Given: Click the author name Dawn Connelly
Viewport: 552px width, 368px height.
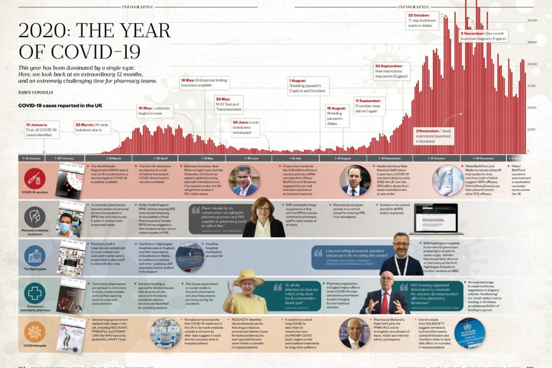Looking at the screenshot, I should click(36, 92).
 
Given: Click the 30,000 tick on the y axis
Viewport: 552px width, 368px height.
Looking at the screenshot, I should click(533, 20).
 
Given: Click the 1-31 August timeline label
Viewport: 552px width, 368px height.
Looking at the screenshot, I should click(344, 158).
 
